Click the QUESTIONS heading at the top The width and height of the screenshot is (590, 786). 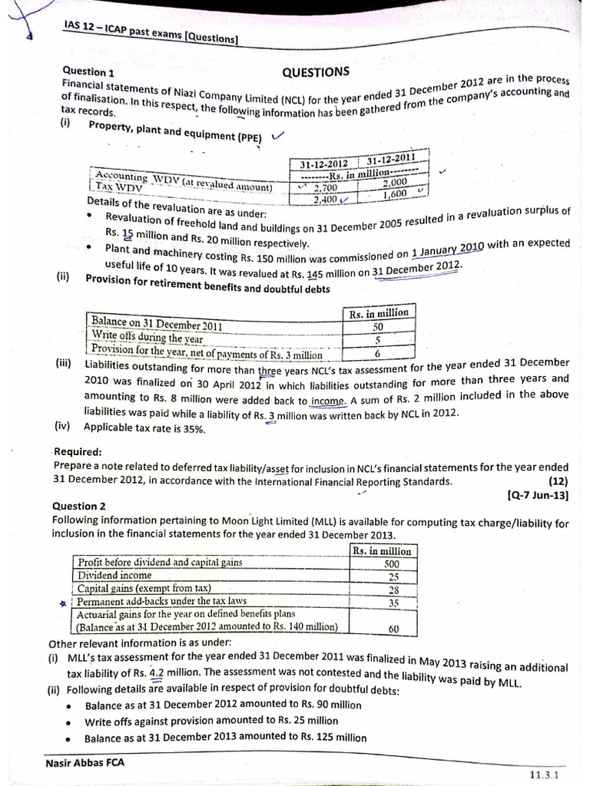pos(316,72)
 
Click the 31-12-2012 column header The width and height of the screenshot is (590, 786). pos(324,163)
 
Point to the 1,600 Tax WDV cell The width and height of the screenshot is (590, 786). pos(395,195)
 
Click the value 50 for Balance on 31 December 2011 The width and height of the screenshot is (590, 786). pos(377,326)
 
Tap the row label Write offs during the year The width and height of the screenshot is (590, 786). pos(147,337)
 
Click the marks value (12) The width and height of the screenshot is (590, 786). pos(558,481)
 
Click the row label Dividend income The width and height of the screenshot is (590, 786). pos(114,575)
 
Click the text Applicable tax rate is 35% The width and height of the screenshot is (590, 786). pos(144,428)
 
